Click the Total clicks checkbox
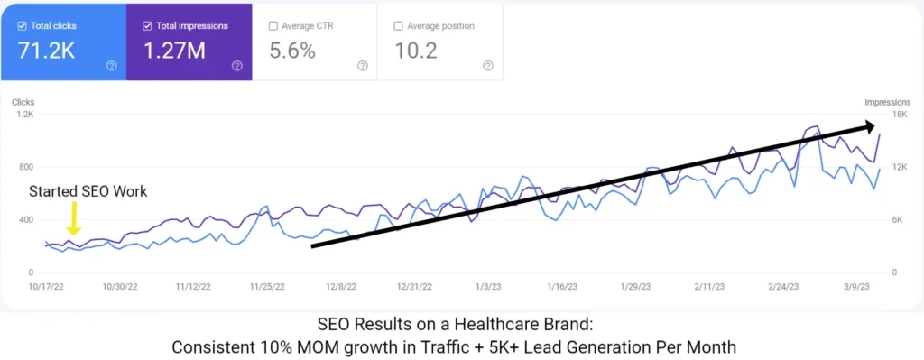click(21, 25)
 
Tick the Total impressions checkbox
click(147, 25)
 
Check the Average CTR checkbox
click(273, 25)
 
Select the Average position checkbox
click(399, 25)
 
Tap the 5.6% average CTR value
click(292, 51)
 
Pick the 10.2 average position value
click(416, 51)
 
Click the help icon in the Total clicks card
click(111, 65)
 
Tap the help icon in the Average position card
click(488, 65)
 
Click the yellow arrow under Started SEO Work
click(75, 218)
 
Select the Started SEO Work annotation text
click(88, 191)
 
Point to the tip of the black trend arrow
click(873, 125)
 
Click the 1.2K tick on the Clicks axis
click(23, 115)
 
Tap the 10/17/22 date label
click(44, 287)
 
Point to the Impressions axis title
click(885, 102)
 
